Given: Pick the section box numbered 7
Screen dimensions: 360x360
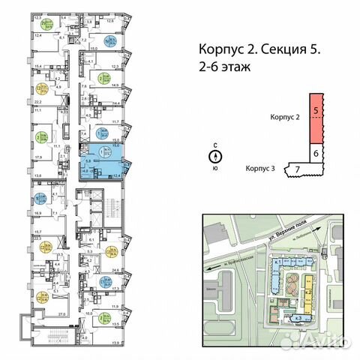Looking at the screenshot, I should pos(298,170).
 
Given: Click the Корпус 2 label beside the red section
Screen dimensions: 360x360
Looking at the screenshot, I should pos(285,118).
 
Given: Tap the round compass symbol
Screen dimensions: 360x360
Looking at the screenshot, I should pos(215,157).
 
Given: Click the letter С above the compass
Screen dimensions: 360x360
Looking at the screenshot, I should pos(215,148).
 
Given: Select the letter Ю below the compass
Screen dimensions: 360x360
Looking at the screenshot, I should pos(215,168).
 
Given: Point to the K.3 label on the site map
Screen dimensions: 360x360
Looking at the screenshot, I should pos(298,318).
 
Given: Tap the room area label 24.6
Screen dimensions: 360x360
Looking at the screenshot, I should pos(115,269).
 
